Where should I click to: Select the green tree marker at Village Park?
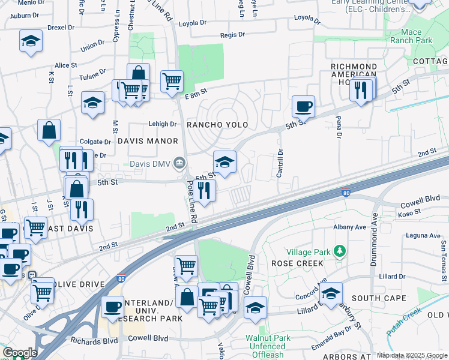340,250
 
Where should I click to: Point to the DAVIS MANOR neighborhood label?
148,141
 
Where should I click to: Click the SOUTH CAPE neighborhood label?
379,298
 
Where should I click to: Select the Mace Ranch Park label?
411,37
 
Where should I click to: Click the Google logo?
20,353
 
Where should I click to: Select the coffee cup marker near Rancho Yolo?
303,107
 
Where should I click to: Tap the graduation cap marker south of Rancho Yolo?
224,162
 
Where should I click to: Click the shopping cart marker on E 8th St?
172,80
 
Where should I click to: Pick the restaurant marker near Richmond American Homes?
361,90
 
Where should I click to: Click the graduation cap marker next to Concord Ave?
330,293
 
